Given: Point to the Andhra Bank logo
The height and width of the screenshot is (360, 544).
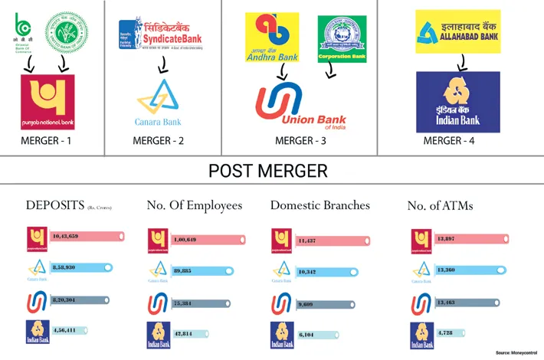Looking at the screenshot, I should coord(277,38).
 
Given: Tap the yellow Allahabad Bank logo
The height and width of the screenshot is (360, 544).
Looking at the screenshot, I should coord(458,32).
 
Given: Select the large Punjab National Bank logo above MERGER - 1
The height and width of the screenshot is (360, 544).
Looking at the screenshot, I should coord(47,102).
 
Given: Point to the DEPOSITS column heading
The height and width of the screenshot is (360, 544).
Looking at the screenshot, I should coord(64,205).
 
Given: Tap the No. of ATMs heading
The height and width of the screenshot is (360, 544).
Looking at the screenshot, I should coord(441,205).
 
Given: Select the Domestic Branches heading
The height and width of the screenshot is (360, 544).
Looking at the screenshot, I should coord(320,205).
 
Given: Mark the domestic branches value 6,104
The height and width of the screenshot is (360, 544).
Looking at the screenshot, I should coord(306,334).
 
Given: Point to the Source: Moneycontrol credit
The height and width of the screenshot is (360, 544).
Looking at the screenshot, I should coord(516,352).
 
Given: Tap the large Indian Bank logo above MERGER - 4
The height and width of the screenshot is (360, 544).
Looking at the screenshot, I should coord(457,101).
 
